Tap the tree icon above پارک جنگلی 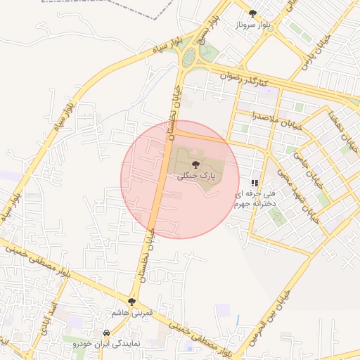(195, 162)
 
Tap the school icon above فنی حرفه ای (255, 182)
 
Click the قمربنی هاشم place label (132, 311)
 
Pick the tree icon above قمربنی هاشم (132, 301)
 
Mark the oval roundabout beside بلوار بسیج (188, 58)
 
